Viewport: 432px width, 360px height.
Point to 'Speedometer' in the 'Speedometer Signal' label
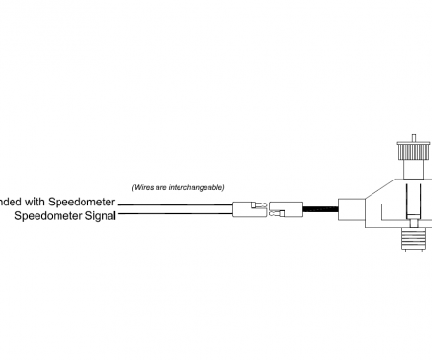point(49,216)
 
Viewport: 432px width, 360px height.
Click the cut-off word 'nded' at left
point(9,203)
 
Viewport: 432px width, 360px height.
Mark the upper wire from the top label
point(173,204)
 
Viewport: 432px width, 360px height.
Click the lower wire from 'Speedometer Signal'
point(173,214)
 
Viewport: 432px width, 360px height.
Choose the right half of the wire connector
point(285,208)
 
